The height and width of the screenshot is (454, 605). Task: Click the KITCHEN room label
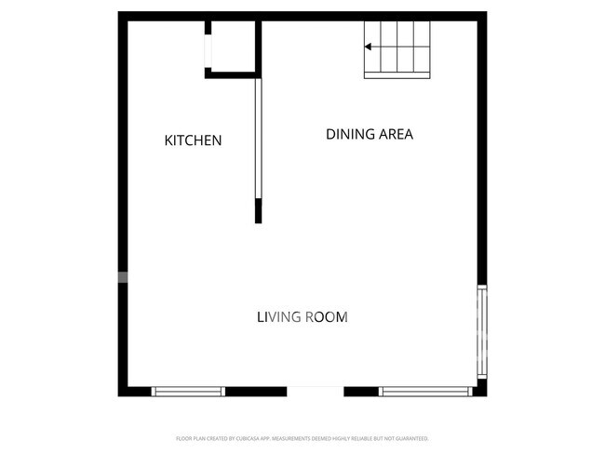[x=193, y=140]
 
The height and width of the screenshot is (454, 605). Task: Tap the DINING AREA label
[x=369, y=134]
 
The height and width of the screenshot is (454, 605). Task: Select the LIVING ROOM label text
[x=302, y=317]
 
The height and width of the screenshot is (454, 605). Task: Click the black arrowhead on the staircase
[x=369, y=47]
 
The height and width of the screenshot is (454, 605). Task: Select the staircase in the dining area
[x=397, y=47]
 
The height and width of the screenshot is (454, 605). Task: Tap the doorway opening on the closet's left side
[x=208, y=47]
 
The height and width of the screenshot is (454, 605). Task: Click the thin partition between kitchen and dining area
[x=258, y=140]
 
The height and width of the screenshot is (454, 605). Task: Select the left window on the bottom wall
[x=188, y=392]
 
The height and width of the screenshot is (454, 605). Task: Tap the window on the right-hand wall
[x=481, y=330]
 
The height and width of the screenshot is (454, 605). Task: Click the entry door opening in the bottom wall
[x=315, y=391]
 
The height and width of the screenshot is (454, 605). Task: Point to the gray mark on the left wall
[x=122, y=276]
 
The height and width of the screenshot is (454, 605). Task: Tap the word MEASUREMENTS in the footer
[x=290, y=438]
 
